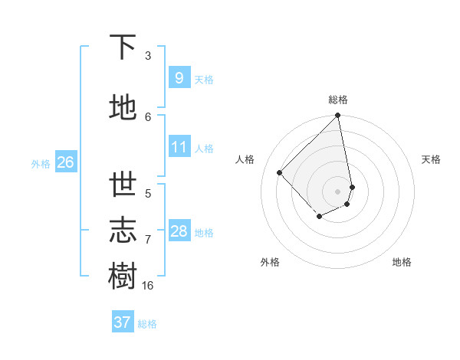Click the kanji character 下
[x=123, y=47]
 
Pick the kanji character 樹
[x=123, y=277]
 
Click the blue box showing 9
[x=179, y=77]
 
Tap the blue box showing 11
[x=179, y=147]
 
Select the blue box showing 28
[x=179, y=231]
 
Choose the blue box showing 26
[x=65, y=162]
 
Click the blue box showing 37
[x=122, y=322]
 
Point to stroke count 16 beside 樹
[x=148, y=285]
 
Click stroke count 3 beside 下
[x=148, y=55]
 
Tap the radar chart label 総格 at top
[x=338, y=100]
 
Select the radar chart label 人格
[x=245, y=159]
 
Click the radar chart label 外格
[x=270, y=262]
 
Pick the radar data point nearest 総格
[x=337, y=116]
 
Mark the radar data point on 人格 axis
[x=280, y=172]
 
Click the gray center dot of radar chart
[x=337, y=191]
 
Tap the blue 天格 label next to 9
[x=204, y=79]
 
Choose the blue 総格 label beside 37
[x=147, y=324]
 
